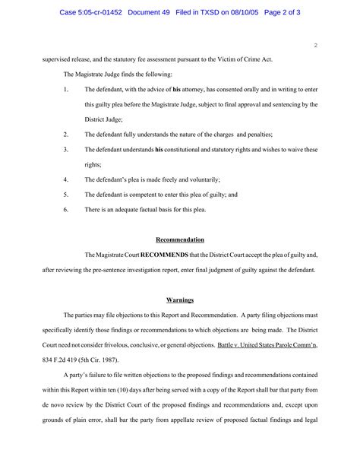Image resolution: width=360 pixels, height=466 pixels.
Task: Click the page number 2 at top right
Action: click(315, 46)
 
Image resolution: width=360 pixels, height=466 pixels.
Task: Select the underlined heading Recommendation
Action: click(180, 239)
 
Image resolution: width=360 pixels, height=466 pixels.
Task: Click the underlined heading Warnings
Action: click(180, 300)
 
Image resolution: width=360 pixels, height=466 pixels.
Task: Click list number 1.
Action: click(66, 90)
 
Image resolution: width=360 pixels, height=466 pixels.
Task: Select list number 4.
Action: click(66, 179)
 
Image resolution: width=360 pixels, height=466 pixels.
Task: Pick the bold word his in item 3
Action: click(159, 150)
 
